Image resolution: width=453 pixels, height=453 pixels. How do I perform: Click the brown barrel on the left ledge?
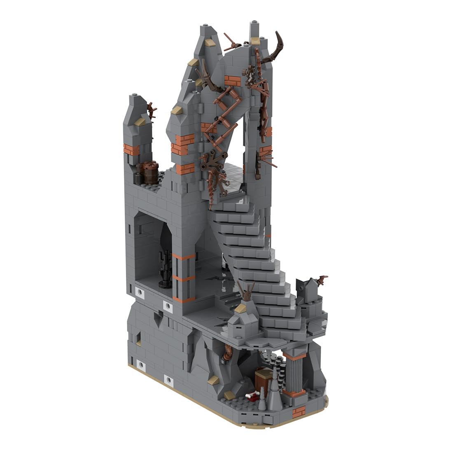[x=149, y=173]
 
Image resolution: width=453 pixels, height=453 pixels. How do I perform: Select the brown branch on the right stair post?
[x=320, y=280]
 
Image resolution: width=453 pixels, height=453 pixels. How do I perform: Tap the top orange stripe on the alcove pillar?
[x=184, y=258]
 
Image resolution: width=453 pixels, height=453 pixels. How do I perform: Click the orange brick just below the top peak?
[x=231, y=79]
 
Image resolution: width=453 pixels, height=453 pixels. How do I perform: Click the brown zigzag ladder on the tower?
[x=220, y=115]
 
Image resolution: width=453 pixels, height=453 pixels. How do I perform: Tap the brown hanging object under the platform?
[x=227, y=354]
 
